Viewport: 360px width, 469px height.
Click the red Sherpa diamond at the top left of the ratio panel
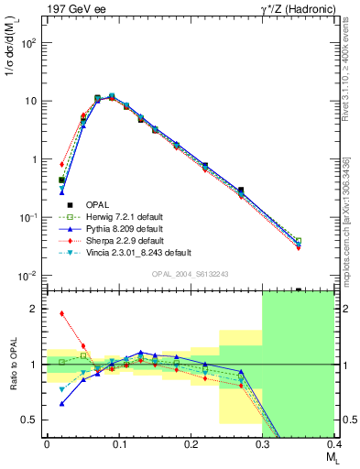61,313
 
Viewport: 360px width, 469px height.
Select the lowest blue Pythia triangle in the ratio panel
61,403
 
